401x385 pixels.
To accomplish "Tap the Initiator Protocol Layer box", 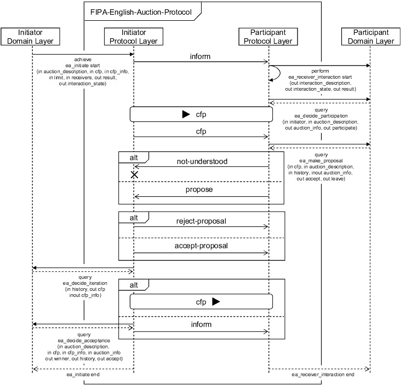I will (x=134, y=37).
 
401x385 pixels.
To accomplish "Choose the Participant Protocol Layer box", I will (x=268, y=37).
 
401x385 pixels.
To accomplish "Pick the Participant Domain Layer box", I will (x=370, y=37).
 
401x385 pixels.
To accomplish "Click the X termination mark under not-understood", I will (x=134, y=174).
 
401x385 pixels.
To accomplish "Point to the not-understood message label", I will (x=202, y=161).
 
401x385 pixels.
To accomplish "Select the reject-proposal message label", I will (x=202, y=221).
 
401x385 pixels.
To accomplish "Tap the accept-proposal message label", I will (x=202, y=246).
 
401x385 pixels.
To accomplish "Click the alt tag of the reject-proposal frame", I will (x=133, y=217).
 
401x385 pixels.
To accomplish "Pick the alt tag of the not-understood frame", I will (x=133, y=157).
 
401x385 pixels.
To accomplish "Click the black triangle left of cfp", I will (x=186, y=114).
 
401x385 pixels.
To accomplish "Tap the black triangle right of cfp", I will (x=216, y=301).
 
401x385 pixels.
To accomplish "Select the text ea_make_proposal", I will (x=322, y=161).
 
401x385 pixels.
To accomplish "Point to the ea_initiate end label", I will (x=83, y=375).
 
